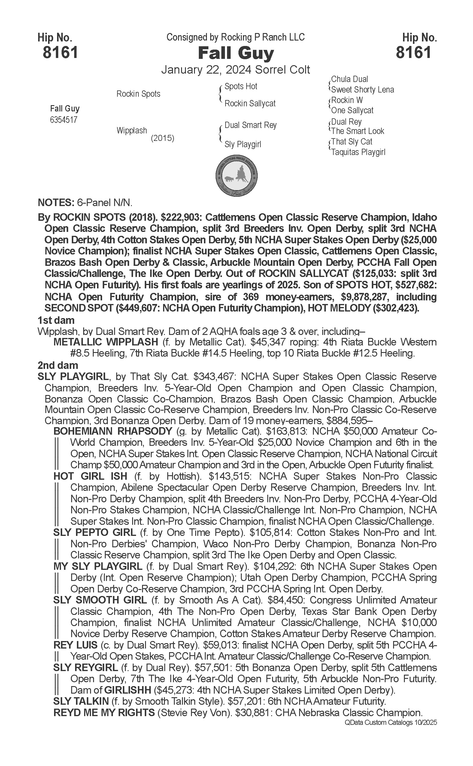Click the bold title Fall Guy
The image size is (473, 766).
pyautogui.click(x=236, y=53)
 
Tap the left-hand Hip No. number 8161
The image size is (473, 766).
pyautogui.click(x=60, y=52)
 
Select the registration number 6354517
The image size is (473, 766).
pyautogui.click(x=63, y=120)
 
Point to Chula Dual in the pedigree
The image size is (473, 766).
pyautogui.click(x=350, y=79)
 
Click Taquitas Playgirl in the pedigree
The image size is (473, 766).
pyautogui.click(x=358, y=152)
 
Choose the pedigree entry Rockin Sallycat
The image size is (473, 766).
pyautogui.click(x=250, y=103)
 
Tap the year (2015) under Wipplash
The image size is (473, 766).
pyautogui.click(x=162, y=138)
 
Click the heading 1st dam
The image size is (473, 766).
pyautogui.click(x=56, y=320)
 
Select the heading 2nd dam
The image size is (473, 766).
pyautogui.click(x=58, y=365)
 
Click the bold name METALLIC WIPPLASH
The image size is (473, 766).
pyautogui.click(x=106, y=342)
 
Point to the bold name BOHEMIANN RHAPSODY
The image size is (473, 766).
pyautogui.click(x=113, y=431)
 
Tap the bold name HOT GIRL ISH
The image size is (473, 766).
pyautogui.click(x=90, y=476)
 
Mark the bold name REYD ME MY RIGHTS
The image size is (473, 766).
pyautogui.click(x=104, y=713)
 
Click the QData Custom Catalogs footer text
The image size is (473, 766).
pyautogui.click(x=390, y=722)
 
